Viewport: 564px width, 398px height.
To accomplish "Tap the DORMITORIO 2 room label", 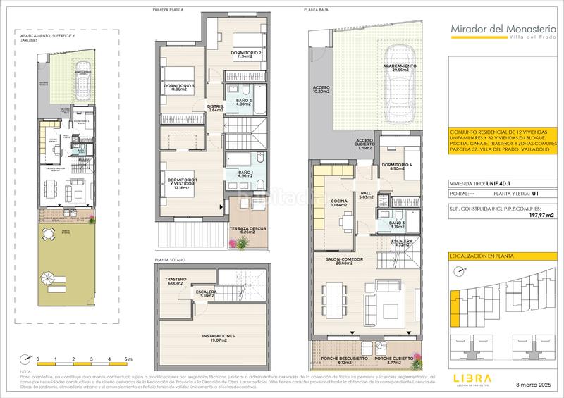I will point(246,56).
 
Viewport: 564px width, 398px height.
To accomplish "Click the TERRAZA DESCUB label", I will point(245,230).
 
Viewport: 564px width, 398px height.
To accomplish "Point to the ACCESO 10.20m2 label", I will point(321,91).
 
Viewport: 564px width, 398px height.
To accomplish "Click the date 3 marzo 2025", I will point(533,385).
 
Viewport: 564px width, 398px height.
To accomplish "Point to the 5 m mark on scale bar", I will point(127,359).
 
